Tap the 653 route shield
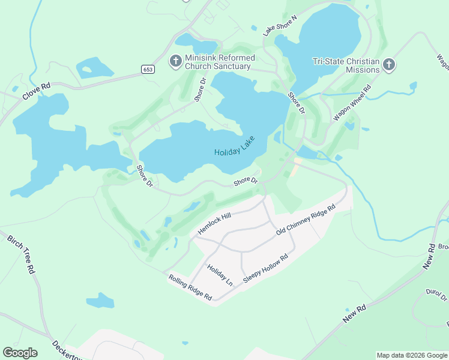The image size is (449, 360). [x=148, y=69]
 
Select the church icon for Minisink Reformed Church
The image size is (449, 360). [x=176, y=61]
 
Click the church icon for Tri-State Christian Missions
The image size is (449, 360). [x=388, y=65]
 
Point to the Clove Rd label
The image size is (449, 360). [x=37, y=91]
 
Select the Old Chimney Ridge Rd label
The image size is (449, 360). [x=305, y=220]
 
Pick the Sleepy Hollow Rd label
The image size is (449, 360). [x=265, y=269]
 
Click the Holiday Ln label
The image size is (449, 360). [x=219, y=274]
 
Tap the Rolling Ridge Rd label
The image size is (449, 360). [x=190, y=287]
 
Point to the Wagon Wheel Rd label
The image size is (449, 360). [x=352, y=103]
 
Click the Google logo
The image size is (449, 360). [x=20, y=352]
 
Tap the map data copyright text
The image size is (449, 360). [x=412, y=355]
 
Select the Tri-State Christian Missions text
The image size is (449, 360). [x=346, y=65]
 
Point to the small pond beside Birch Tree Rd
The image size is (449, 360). [x=100, y=300]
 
